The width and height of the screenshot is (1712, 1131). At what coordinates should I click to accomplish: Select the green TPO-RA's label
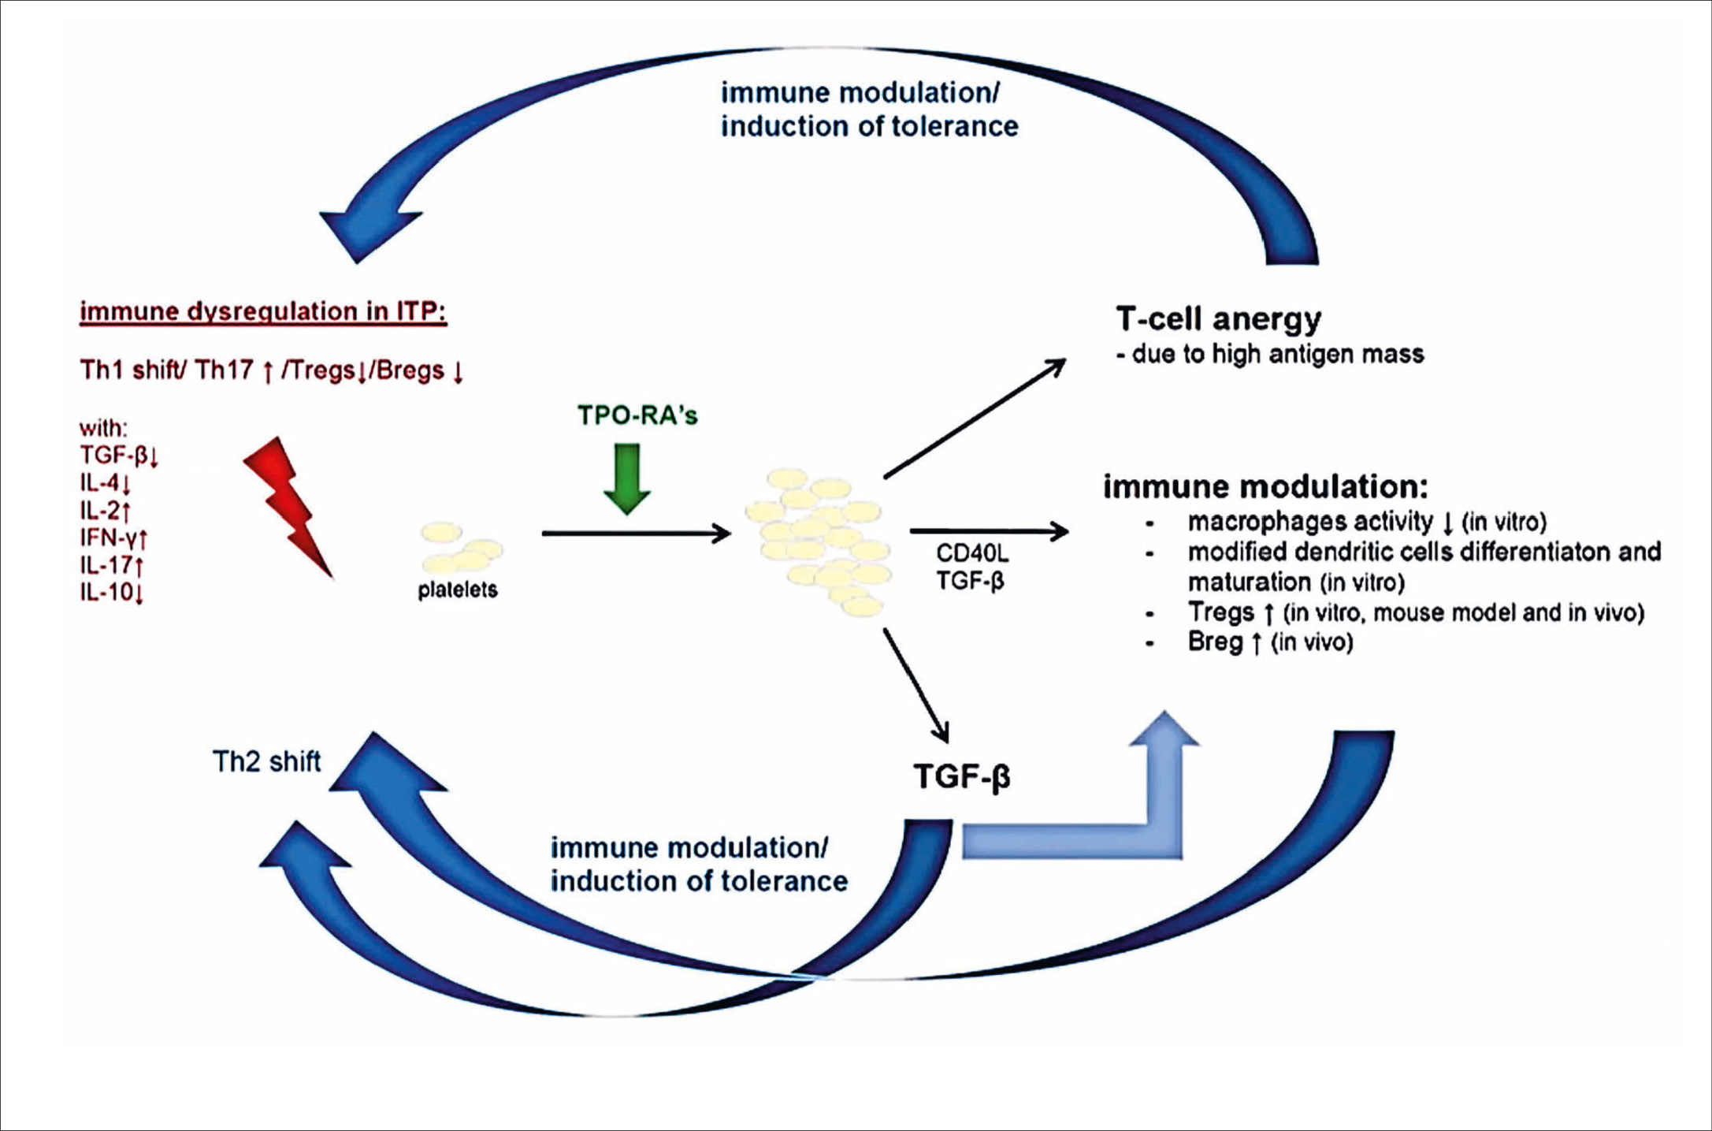coord(637,415)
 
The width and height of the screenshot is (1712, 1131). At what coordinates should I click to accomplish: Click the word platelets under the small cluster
coord(458,590)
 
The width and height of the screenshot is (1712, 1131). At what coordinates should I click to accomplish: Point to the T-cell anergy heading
coord(1218,319)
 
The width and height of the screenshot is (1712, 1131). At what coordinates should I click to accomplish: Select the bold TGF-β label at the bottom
coord(961,776)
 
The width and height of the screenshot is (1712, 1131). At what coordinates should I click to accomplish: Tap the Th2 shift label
coord(266,761)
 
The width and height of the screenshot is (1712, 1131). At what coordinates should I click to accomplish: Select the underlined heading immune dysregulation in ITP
coord(263,312)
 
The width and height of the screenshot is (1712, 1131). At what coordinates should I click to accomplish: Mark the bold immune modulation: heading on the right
coord(1265,487)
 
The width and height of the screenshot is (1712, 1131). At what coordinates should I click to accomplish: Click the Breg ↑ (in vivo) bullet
coord(1270,642)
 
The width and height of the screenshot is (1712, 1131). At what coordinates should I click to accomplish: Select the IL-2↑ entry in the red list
coord(105,511)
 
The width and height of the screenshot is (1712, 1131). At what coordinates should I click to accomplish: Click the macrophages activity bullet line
coord(1367,522)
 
